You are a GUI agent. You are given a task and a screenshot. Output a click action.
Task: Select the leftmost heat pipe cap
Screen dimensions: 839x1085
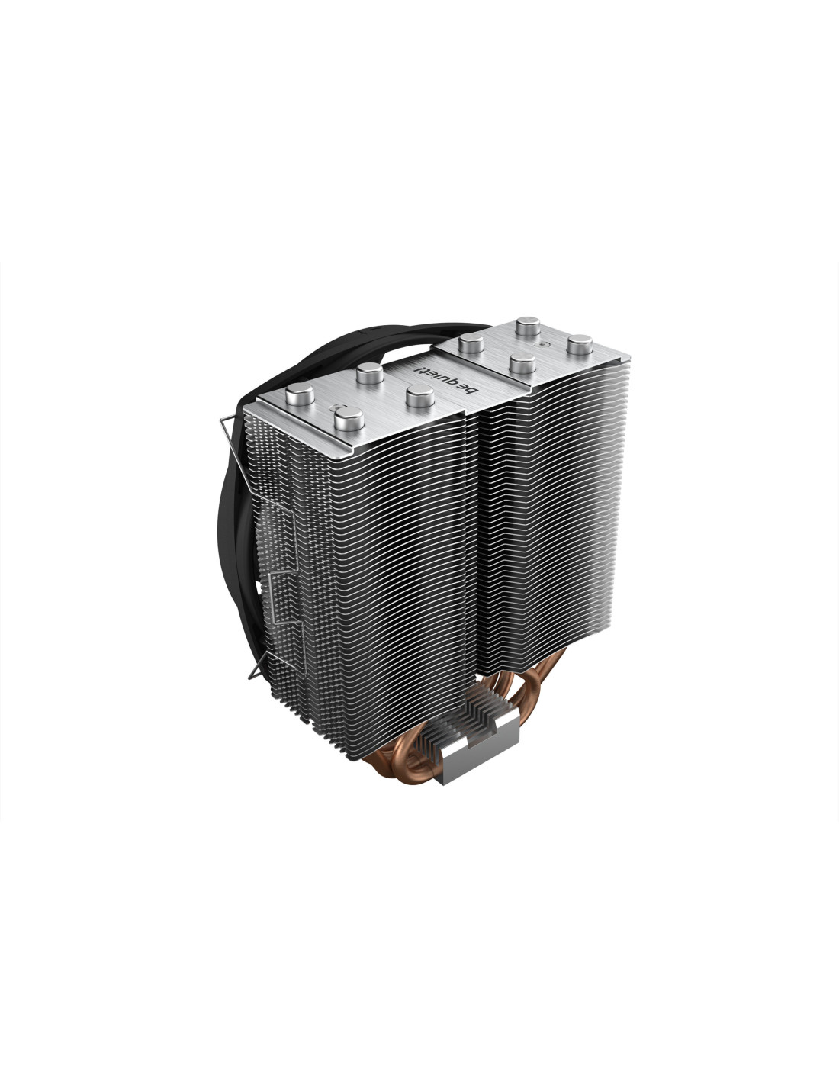click(300, 398)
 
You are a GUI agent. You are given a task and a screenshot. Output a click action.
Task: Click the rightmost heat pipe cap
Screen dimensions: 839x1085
click(580, 345)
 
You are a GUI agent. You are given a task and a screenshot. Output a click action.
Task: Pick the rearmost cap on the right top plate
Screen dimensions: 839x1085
click(528, 327)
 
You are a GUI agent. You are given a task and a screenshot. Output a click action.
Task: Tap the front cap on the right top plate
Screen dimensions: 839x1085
click(522, 363)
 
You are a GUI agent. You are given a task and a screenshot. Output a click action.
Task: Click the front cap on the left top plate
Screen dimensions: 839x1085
click(349, 419)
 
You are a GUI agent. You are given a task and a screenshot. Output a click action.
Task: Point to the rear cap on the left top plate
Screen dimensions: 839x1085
click(369, 373)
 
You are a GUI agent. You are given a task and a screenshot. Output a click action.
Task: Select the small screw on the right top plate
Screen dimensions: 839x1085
click(537, 345)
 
